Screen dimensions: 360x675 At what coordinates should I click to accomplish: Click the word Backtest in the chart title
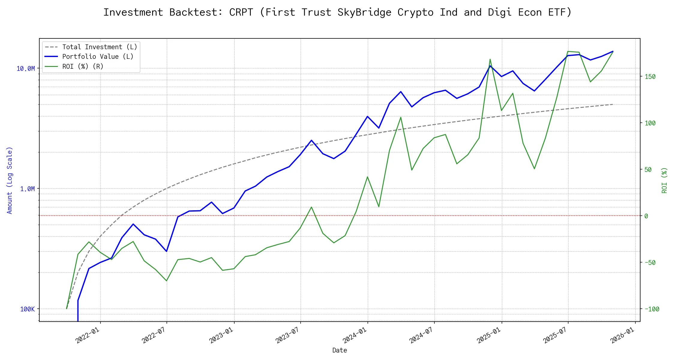(196, 13)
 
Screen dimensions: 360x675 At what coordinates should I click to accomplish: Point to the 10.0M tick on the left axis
(25, 69)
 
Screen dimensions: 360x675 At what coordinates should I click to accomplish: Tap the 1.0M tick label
(27, 189)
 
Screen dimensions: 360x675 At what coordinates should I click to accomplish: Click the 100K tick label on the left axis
(27, 309)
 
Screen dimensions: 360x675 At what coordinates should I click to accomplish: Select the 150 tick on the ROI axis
(650, 77)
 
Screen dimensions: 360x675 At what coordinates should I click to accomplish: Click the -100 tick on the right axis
(652, 309)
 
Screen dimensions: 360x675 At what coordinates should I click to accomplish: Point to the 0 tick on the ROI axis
(646, 216)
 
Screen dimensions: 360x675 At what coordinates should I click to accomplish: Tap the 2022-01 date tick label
(87, 335)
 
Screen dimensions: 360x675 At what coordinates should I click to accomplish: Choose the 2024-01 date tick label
(355, 335)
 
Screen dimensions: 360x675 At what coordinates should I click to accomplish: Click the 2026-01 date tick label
(622, 335)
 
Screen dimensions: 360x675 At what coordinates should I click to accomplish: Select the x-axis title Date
(340, 350)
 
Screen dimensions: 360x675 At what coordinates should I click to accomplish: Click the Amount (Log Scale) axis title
(10, 180)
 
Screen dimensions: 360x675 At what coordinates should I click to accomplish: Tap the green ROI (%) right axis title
(664, 180)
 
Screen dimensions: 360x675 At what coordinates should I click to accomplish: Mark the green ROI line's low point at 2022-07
(166, 281)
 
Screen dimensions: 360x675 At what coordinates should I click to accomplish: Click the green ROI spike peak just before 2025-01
(490, 59)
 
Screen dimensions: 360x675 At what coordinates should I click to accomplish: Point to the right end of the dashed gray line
(613, 104)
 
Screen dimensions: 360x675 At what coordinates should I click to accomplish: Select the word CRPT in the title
(241, 13)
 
